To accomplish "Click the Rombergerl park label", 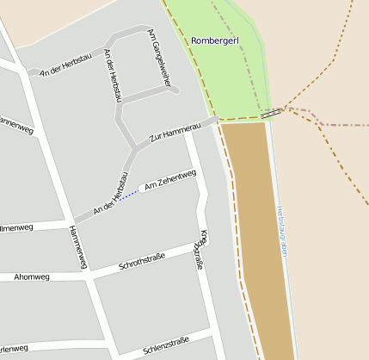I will (214, 40).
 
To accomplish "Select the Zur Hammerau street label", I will (175, 131).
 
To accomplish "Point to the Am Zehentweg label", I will (171, 180).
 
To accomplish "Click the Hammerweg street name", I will (77, 245).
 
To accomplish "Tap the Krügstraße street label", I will (200, 251).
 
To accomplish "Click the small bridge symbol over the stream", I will (271, 113).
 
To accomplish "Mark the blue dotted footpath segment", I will (128, 196).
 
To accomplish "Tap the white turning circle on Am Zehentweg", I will (142, 189).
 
